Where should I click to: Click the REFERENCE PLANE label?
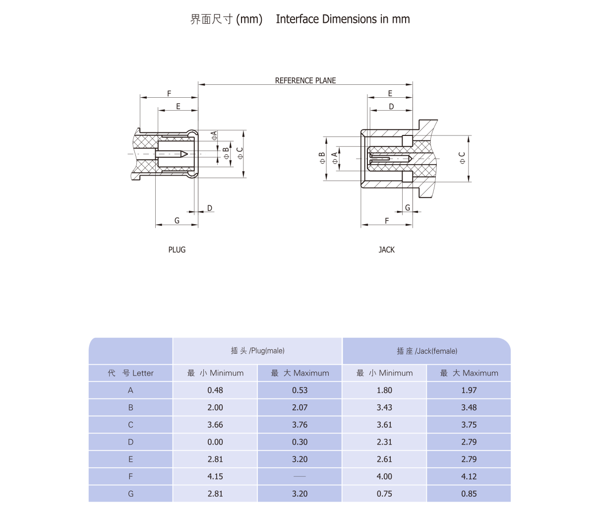[x=305, y=80]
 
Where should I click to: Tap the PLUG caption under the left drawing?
[x=177, y=250]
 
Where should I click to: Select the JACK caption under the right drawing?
[x=386, y=250]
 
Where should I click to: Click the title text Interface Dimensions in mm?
[x=343, y=19]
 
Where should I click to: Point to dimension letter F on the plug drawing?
[x=169, y=93]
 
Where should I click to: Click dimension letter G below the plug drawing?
[x=177, y=220]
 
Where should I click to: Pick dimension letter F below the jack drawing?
[x=387, y=221]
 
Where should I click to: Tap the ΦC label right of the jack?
[x=462, y=158]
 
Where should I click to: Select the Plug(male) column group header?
[x=257, y=351]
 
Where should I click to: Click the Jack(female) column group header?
[x=426, y=351]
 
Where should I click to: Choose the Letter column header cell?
[x=131, y=373]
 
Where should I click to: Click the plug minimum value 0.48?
[x=215, y=390]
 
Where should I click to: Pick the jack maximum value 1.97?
[x=469, y=390]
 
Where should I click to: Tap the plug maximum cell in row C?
[x=299, y=425]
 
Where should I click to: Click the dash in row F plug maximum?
[x=299, y=476]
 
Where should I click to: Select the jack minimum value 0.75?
[x=384, y=494]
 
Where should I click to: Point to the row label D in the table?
[x=131, y=442]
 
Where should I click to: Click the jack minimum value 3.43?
[x=384, y=407]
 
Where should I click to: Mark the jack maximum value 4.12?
[x=469, y=476]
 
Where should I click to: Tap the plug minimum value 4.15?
[x=215, y=476]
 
